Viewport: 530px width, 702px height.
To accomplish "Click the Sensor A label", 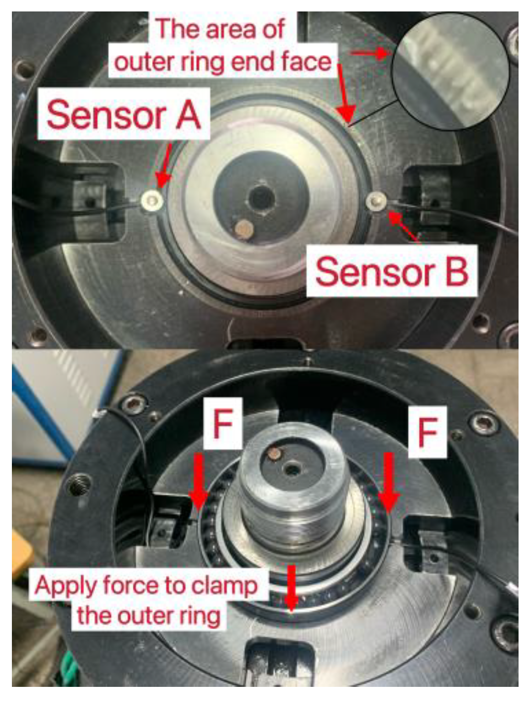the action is coord(124,114).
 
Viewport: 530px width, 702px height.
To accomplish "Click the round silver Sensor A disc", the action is coord(152,201).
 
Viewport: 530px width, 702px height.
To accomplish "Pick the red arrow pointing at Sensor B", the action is coord(403,226).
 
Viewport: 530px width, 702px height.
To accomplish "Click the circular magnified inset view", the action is coord(450,72).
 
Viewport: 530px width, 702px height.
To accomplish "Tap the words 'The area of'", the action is coord(220,29).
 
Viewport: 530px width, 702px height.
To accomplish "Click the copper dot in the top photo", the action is coord(244,229).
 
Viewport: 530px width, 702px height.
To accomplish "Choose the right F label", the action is coord(427,432).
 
